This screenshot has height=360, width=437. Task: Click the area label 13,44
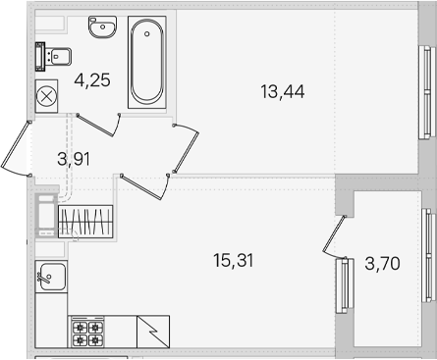point(283,92)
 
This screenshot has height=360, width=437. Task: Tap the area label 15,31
point(234,261)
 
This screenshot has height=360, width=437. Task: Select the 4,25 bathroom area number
point(92,80)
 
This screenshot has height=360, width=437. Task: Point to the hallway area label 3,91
point(74,160)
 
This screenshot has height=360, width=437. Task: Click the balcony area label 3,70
point(382,264)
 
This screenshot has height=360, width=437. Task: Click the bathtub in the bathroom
point(147,62)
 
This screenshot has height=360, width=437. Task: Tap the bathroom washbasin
point(102,26)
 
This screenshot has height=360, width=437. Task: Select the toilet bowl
point(54,56)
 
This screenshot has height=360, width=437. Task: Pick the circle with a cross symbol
point(46,96)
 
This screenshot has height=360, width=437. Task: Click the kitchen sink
point(51,277)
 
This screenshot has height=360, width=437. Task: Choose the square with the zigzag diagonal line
point(153,332)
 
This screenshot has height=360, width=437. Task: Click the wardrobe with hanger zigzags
point(85,222)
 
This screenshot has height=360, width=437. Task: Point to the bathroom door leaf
point(95,126)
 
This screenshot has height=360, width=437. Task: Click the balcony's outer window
point(429,256)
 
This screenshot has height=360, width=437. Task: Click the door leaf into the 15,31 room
point(141,187)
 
